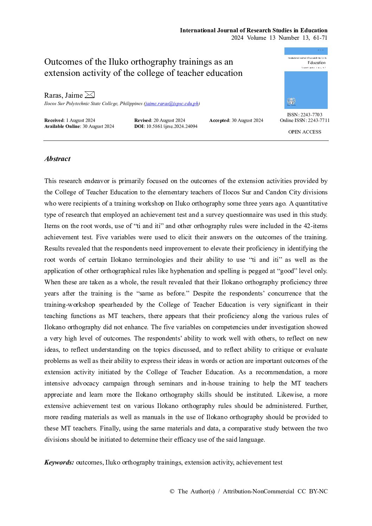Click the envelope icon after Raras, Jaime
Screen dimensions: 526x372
[90, 95]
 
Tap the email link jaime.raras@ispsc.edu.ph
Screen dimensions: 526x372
[172, 104]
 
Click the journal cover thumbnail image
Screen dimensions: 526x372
[306, 78]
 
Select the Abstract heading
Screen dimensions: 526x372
[57, 159]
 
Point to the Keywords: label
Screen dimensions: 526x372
[59, 462]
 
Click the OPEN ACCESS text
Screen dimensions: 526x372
[304, 132]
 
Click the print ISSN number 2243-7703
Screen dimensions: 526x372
[311, 115]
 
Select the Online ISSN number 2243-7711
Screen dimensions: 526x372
[319, 121]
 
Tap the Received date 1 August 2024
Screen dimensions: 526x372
[81, 121]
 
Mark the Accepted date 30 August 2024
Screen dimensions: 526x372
[247, 121]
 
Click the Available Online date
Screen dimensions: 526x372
[98, 126]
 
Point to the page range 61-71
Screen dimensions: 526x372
[320, 38]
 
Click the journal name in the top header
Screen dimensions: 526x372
[254, 30]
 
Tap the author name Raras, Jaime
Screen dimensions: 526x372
[63, 95]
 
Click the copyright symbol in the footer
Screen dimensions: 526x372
[172, 491]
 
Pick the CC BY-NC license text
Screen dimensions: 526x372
[312, 491]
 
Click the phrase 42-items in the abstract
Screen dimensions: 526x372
[315, 226]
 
